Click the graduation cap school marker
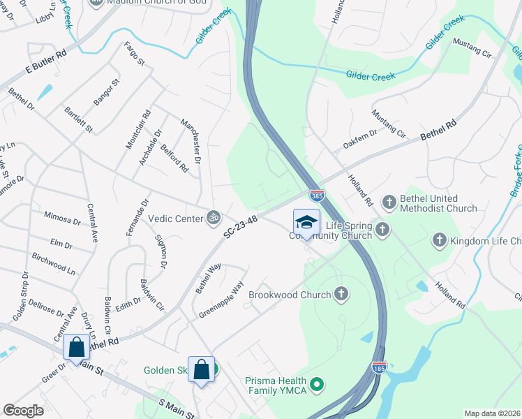pos(306,223)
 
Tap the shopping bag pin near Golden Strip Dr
pos(76,347)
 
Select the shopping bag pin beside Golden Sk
pos(201,369)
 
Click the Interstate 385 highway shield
pos(317,197)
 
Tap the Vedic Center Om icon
pos(214,218)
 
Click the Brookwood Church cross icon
pos(341,295)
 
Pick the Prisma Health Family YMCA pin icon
pos(318,383)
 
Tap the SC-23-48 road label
pos(241,228)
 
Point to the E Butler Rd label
pos(46,62)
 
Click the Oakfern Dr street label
pos(359,139)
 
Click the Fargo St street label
pos(134,54)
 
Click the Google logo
pos(24,411)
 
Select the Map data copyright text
pos(492,413)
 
